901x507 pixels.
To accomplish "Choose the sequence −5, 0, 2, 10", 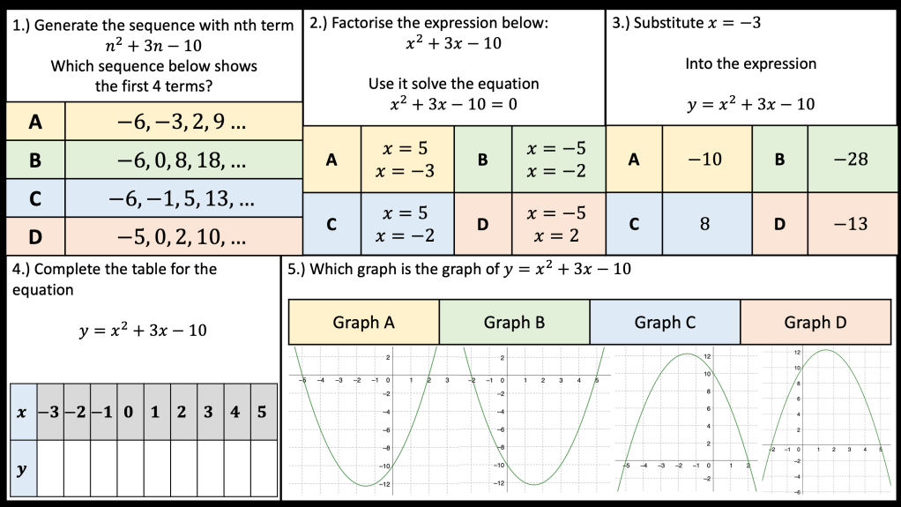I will point(183,237).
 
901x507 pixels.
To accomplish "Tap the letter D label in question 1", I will point(35,237).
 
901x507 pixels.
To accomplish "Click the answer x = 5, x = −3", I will point(407,160).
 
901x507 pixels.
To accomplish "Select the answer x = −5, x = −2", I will point(555,160).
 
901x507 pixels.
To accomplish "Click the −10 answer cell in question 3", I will point(706,160).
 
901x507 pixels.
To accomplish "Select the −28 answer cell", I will point(852,160).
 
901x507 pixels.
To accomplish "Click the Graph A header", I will point(363,323).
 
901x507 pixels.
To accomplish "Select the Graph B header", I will point(514,323).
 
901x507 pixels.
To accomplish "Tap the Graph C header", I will point(665,323).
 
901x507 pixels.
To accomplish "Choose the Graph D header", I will point(815,323).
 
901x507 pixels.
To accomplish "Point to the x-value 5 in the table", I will point(262,412).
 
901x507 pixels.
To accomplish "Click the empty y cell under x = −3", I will point(50,467).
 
